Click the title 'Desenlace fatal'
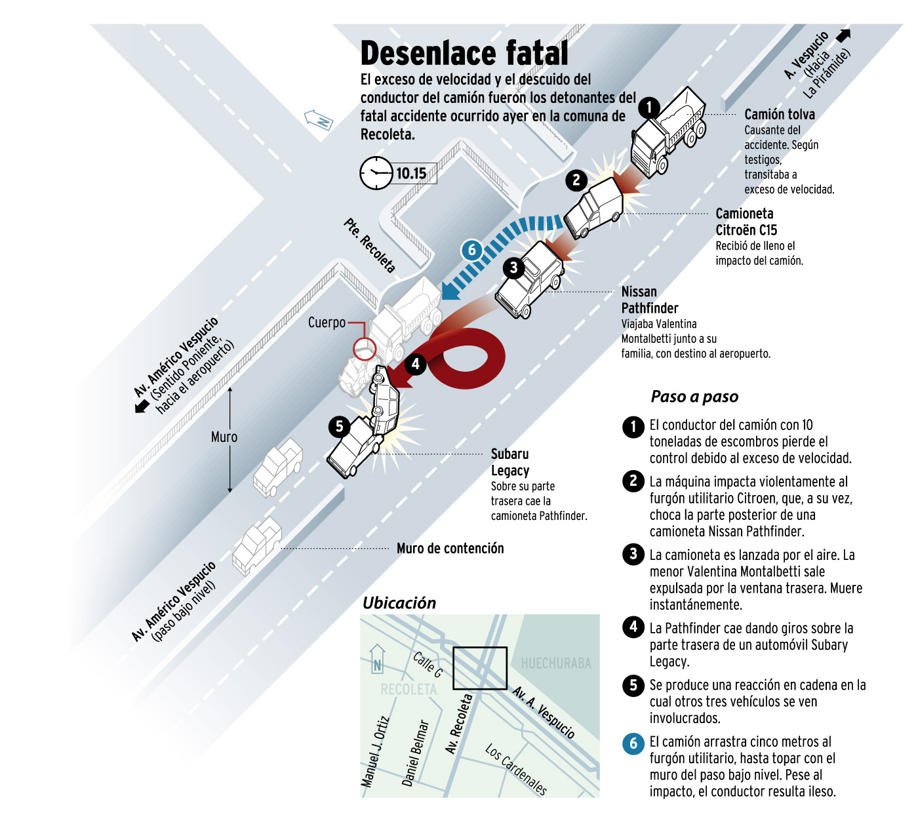464,53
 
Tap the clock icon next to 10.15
376,173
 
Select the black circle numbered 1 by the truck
649,107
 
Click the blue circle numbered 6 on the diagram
471,250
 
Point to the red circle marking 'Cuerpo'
365,349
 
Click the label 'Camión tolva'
780,114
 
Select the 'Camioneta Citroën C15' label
746,222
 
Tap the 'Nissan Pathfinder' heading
649,300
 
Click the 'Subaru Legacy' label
510,462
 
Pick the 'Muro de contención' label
450,548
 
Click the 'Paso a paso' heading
694,397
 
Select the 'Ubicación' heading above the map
399,603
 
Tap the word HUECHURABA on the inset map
556,664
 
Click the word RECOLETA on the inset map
409,689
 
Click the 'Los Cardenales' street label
516,768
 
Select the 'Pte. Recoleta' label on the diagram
370,245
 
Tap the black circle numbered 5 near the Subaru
339,426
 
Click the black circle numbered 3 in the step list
633,554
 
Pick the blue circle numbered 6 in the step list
633,743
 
